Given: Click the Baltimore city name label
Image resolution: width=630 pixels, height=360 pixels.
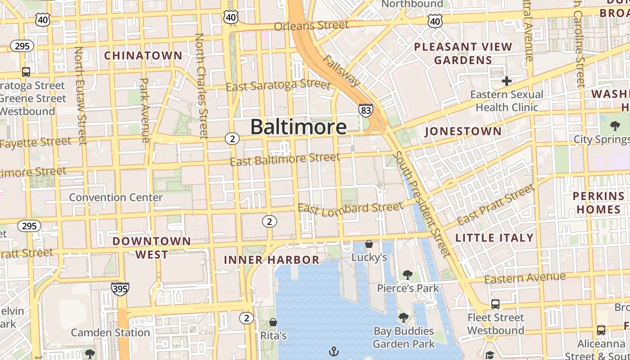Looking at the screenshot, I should [x=298, y=127].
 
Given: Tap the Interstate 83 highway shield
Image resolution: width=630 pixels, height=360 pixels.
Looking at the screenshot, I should [x=365, y=110].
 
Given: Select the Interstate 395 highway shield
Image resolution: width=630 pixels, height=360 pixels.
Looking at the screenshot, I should [x=120, y=288].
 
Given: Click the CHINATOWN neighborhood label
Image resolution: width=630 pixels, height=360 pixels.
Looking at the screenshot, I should [x=144, y=56].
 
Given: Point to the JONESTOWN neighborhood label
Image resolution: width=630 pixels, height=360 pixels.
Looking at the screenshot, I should [x=463, y=131].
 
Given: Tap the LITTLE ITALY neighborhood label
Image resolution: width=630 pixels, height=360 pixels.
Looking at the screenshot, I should [x=494, y=238].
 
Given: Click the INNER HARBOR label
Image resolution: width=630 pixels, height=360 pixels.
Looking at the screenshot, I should [x=272, y=260].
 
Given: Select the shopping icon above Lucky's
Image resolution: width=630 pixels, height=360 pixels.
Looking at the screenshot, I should [x=369, y=244].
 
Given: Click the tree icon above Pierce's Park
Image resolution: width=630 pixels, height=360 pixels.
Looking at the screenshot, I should [x=408, y=274].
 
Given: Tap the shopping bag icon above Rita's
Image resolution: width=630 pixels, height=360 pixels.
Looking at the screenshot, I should [x=273, y=322].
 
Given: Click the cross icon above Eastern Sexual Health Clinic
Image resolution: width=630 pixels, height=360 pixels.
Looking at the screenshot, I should [x=507, y=81].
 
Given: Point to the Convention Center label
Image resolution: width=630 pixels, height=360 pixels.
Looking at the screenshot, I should [x=116, y=197].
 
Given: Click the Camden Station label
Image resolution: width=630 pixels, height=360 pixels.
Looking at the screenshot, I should [x=110, y=333].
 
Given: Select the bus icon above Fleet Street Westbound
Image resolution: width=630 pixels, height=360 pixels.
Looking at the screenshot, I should [x=495, y=304].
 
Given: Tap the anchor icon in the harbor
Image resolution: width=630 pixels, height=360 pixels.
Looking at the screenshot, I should [x=334, y=351].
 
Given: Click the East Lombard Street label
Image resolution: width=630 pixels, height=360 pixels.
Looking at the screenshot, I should [x=351, y=208].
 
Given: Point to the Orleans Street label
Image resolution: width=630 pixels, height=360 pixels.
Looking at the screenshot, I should [x=311, y=26].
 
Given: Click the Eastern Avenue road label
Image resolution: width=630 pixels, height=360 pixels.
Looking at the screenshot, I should [x=525, y=278].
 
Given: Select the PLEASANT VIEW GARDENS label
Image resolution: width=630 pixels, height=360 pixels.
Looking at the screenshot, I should [x=463, y=53].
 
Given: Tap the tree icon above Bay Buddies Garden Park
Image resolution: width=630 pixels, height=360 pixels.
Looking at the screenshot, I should [x=404, y=318].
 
